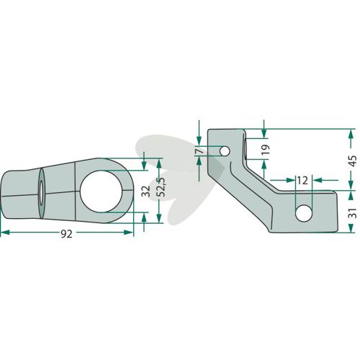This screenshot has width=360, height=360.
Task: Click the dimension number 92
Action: pos(66,234)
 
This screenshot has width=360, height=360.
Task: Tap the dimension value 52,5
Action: pos(162,187)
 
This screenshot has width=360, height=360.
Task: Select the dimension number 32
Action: pos(146,192)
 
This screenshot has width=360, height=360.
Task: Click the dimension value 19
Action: pos(266,150)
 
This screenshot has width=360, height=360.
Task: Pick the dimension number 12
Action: pos(302,180)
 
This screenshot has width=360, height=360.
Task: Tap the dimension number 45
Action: pos(352,161)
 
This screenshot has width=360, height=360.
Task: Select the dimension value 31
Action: pos(352,213)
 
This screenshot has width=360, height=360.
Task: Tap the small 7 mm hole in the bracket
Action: pos(225,151)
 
